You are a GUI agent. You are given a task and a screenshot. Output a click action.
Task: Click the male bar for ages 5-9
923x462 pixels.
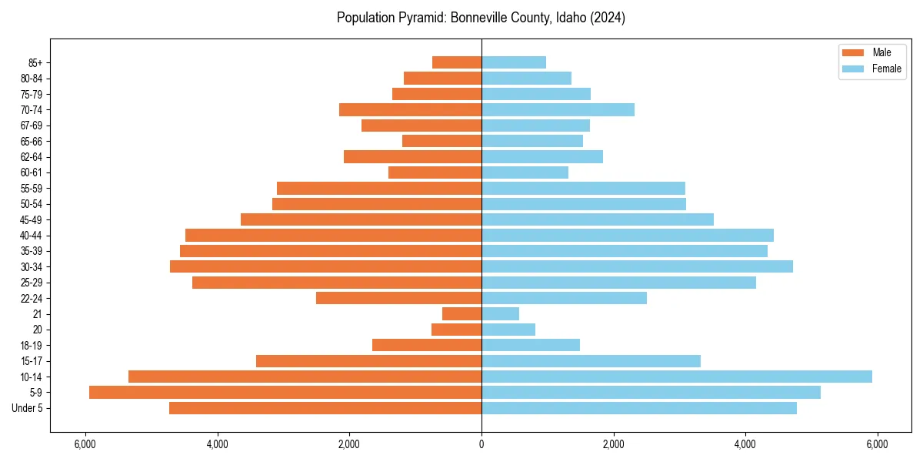click(x=285, y=392)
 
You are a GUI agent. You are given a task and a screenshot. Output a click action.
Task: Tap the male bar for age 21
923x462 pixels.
click(x=461, y=313)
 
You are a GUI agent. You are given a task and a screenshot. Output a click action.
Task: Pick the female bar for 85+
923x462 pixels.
click(x=514, y=62)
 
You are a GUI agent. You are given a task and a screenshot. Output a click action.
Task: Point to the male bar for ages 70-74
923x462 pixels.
click(x=410, y=109)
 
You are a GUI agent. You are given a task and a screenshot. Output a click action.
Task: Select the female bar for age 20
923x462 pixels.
click(x=508, y=330)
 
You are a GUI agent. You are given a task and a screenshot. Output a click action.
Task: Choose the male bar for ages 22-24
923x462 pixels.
click(x=398, y=298)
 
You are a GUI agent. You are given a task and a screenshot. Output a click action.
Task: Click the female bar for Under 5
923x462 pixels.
click(x=639, y=408)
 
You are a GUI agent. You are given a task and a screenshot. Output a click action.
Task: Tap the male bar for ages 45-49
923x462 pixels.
click(x=361, y=219)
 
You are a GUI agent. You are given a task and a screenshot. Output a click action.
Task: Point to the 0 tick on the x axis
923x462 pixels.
click(x=481, y=444)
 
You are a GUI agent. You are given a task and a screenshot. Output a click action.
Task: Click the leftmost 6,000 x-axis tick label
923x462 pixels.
click(x=85, y=444)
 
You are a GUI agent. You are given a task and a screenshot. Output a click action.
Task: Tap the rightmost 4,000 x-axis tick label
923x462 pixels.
click(x=745, y=444)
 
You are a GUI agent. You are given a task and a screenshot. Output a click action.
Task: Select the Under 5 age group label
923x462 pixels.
click(x=28, y=408)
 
